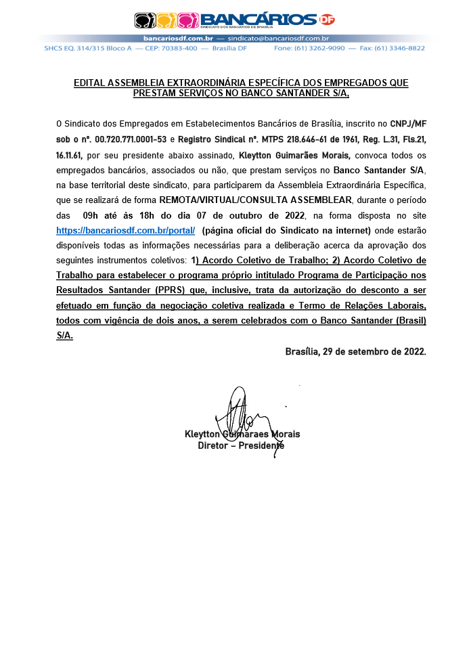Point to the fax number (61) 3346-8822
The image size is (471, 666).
click(400, 49)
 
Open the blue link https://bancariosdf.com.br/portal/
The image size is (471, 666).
click(126, 231)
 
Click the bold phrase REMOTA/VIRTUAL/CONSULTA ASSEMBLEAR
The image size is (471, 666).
click(255, 200)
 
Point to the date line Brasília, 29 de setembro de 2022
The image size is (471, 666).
click(355, 352)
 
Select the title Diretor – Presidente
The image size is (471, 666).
click(241, 446)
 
